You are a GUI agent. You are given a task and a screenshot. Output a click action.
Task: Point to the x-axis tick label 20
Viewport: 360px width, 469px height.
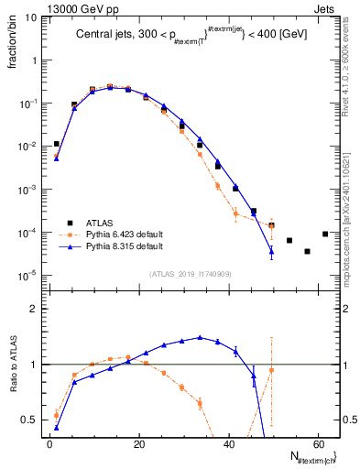(139, 444)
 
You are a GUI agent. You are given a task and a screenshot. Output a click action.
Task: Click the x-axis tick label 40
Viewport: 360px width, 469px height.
(229, 444)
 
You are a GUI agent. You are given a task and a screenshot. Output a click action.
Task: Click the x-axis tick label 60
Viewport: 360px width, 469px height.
(318, 444)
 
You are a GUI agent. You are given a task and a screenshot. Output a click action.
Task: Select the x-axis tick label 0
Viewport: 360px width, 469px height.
(49, 444)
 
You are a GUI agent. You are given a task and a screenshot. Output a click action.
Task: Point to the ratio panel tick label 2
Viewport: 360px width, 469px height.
(34, 310)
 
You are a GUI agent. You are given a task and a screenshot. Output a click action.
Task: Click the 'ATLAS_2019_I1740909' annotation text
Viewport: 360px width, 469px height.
(190, 274)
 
